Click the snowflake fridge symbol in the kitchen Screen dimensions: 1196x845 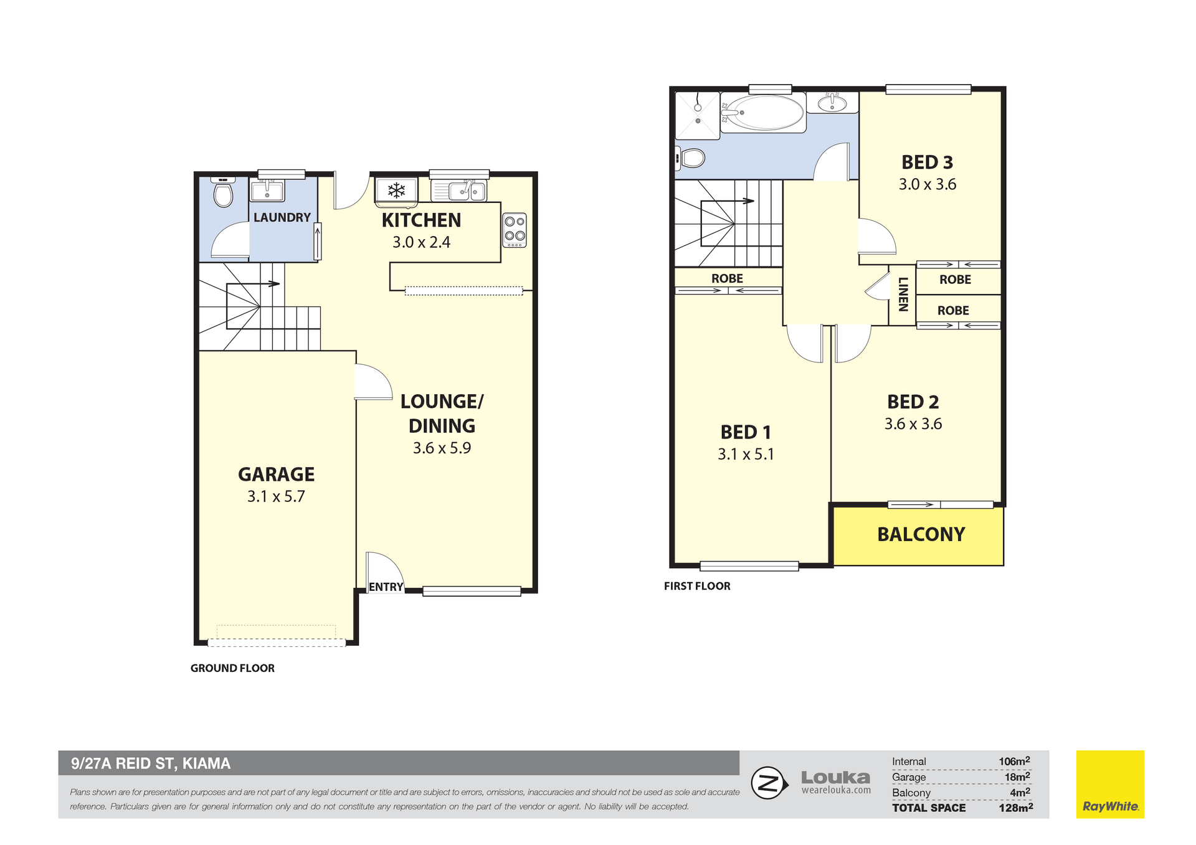(396, 190)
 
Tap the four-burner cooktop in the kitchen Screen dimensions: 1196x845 (515, 230)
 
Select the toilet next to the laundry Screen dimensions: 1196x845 (223, 192)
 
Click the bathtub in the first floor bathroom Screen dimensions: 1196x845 (763, 113)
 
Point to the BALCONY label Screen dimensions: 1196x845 (921, 534)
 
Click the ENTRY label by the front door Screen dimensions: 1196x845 (386, 587)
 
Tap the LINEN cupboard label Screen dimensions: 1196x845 (903, 294)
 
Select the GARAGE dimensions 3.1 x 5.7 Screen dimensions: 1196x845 (276, 496)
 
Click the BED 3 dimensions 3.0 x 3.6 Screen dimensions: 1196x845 (927, 184)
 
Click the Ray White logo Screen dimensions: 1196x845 (1110, 784)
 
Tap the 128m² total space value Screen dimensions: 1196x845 (1015, 808)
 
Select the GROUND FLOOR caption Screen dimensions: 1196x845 (232, 668)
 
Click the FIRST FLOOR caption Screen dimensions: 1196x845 (697, 586)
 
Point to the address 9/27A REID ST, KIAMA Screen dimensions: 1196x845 (151, 763)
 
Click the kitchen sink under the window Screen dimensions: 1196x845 (466, 190)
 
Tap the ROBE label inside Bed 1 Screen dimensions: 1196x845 (727, 278)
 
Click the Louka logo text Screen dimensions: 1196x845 (835, 777)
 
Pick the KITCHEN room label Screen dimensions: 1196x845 (421, 220)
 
